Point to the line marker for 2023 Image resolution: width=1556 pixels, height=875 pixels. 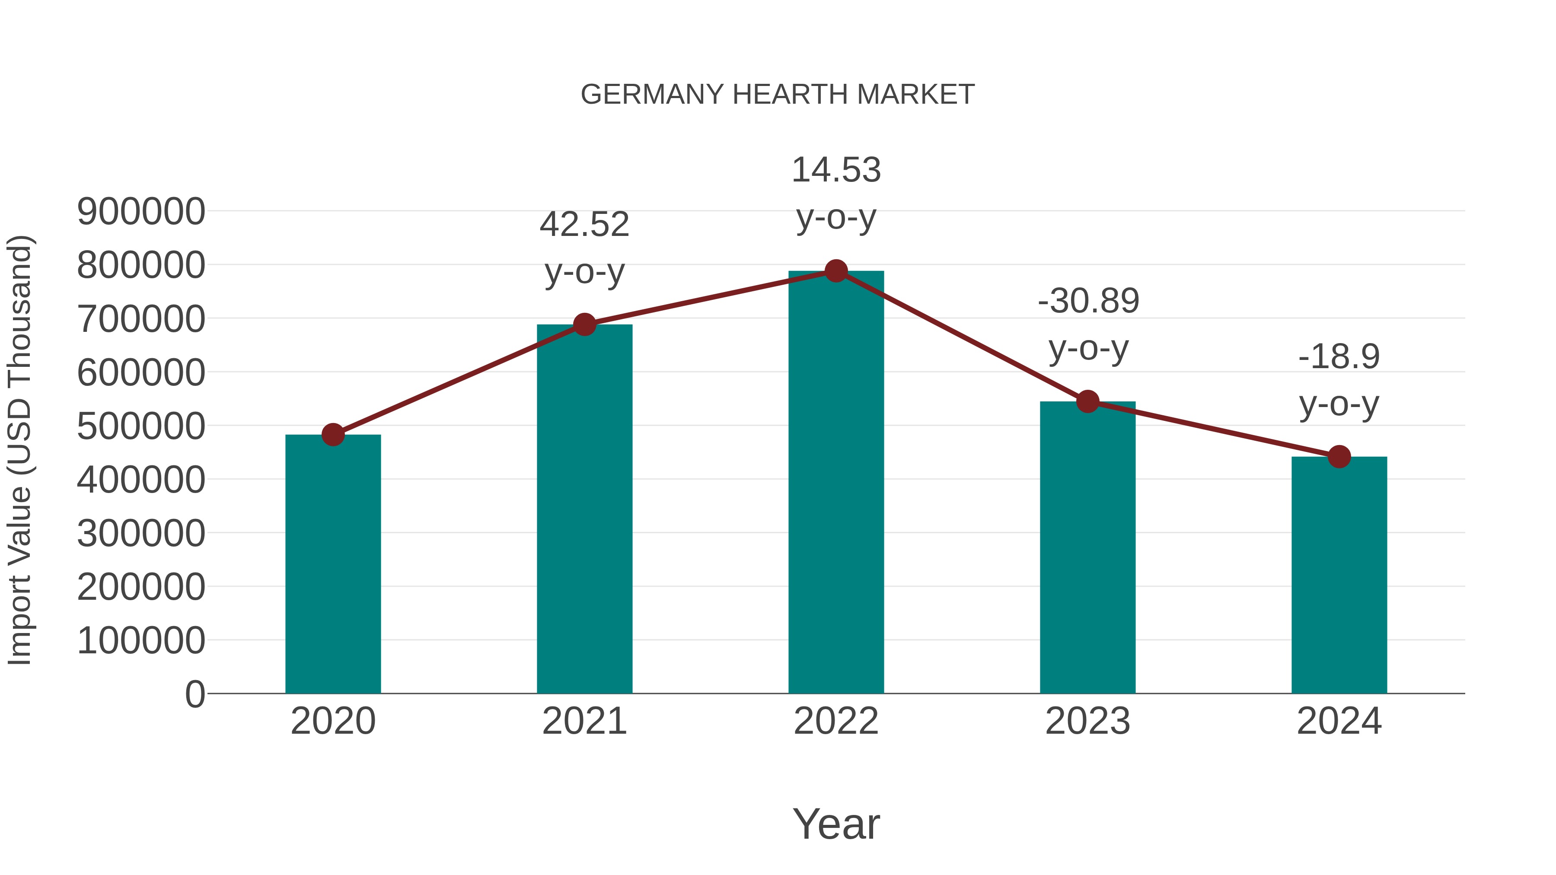pos(1088,401)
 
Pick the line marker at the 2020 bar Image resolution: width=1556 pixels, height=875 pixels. pos(333,434)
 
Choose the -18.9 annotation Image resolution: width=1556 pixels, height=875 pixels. pos(1339,380)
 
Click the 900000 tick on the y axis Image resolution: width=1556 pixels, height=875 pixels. pos(141,212)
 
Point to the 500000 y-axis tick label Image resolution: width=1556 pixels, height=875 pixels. pos(141,426)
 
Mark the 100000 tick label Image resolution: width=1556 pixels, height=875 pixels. pos(141,641)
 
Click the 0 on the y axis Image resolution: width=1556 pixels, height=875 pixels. pos(195,694)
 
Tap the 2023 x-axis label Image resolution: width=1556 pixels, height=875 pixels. pos(1088,721)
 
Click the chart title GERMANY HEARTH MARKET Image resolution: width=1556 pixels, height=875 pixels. pos(778,95)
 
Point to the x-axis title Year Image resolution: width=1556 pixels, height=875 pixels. pos(836,824)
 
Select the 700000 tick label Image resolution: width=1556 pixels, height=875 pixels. pos(141,319)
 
